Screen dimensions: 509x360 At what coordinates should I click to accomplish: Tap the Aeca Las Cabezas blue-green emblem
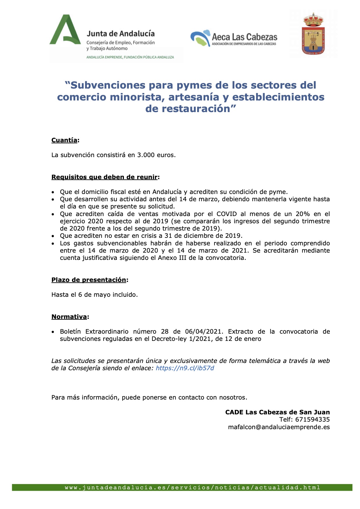200,38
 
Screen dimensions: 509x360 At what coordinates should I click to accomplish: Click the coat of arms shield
313,34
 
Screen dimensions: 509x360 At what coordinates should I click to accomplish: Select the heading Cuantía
64,140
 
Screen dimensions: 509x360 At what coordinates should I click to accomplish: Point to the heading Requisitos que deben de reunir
105,177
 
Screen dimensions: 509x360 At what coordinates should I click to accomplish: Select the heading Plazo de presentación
89,280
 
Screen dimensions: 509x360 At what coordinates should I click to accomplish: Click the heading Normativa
69,317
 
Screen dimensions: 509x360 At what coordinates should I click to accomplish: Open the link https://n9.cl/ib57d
185,368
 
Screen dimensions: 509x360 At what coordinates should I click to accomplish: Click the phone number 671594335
312,420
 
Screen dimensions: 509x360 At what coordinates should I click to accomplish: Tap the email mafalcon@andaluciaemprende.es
279,427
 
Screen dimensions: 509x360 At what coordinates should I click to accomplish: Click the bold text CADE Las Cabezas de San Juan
277,412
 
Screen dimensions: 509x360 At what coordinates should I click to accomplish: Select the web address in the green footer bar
192,488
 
